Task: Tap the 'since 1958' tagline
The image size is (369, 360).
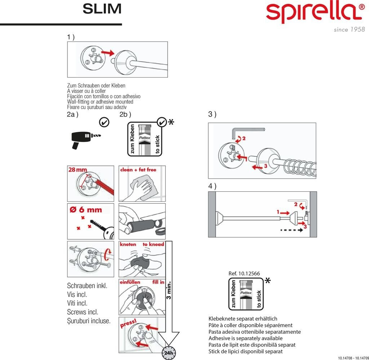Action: tap(349, 30)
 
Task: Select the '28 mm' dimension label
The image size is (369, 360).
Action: tap(77, 170)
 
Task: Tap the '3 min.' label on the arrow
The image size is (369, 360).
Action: tap(170, 290)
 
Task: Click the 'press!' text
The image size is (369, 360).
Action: tap(128, 324)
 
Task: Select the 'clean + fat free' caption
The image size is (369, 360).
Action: tap(138, 169)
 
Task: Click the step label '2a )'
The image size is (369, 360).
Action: tap(73, 115)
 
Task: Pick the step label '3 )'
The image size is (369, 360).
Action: tap(212, 115)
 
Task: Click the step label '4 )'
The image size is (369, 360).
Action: tap(212, 186)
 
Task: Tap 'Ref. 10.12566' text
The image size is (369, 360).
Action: tap(244, 274)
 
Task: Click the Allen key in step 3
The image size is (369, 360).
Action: tap(249, 130)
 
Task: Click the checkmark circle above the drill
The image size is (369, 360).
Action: tap(104, 123)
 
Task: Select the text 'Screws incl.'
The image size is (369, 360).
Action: tap(83, 312)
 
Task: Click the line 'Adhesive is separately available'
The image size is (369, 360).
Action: tap(245, 338)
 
